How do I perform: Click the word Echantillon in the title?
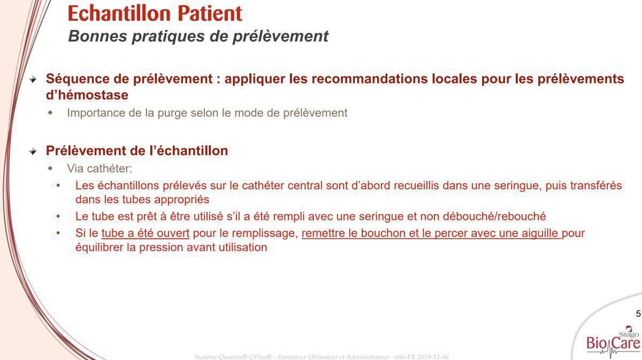point(119,13)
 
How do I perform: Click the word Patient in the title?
point(210,13)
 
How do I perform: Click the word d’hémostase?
point(87,95)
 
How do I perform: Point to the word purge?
point(172,113)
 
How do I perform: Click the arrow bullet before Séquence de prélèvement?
point(33,79)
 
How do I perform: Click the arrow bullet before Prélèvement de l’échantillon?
point(33,151)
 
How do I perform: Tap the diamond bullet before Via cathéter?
point(50,168)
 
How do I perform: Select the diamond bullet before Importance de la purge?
point(50,113)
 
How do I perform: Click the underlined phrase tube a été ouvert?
point(146,233)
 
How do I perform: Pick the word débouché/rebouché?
point(494,217)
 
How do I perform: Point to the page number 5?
point(638,313)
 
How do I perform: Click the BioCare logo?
point(613,342)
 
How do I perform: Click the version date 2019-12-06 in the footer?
point(433,357)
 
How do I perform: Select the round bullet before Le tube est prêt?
point(58,217)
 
